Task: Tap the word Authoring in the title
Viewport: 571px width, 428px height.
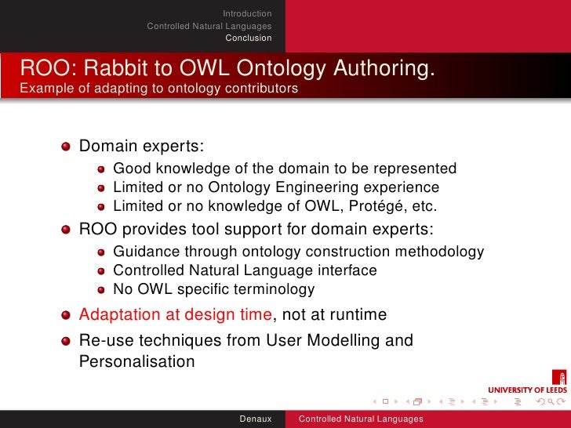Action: [x=384, y=69]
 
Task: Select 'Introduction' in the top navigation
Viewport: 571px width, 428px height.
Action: [x=247, y=13]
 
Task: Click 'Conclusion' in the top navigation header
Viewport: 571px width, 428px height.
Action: [x=249, y=38]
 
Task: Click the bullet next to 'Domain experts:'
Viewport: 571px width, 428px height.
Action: [x=67, y=146]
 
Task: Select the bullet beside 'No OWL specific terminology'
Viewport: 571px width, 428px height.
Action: [x=102, y=289]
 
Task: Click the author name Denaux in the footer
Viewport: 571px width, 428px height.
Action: [x=256, y=419]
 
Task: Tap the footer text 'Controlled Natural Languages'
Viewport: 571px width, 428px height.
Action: [x=360, y=419]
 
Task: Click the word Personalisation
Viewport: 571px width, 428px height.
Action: [x=136, y=361]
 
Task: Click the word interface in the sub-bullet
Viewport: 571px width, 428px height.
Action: [x=342, y=270]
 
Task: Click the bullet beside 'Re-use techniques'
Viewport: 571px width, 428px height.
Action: [x=67, y=341]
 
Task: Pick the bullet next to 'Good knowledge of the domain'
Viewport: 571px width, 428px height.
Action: [x=102, y=169]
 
